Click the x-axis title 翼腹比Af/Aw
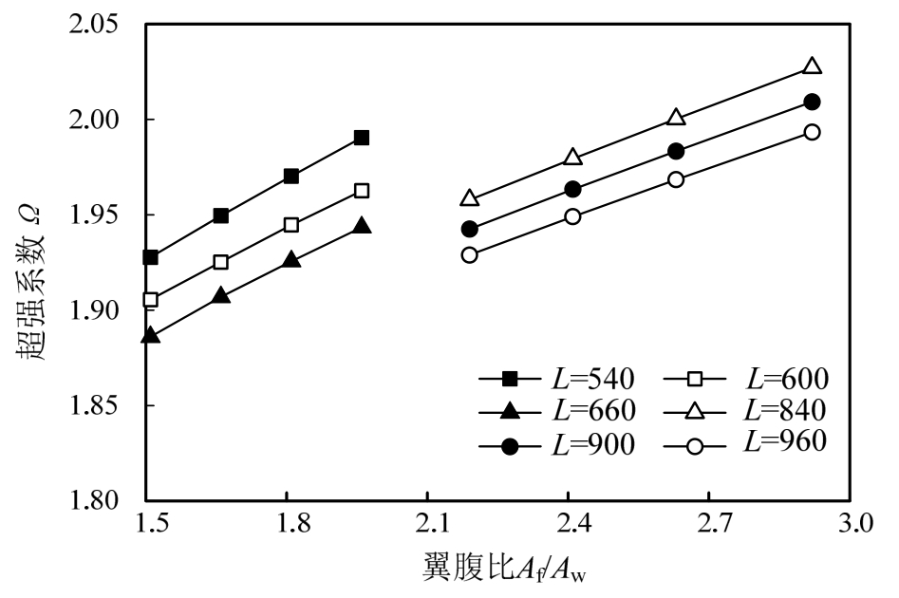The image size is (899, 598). [509, 570]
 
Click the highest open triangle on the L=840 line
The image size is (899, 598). [812, 66]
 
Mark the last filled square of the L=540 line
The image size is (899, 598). [361, 138]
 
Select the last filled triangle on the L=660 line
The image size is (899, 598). [361, 226]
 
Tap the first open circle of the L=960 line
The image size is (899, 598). [469, 254]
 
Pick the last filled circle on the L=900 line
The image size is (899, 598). [812, 102]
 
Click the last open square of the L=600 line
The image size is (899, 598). [361, 191]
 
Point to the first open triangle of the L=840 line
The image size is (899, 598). [469, 198]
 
